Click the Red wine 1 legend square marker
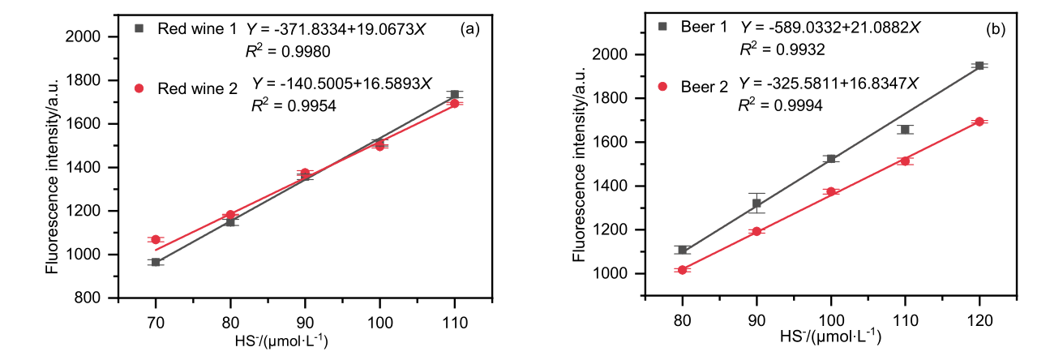[x=139, y=28]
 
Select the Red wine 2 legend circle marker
[x=139, y=88]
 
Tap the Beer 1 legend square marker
[x=663, y=26]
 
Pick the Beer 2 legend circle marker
[x=663, y=85]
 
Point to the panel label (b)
[x=996, y=29]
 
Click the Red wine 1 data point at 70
[x=156, y=262]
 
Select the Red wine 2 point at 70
[x=156, y=239]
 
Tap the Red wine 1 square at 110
[x=455, y=95]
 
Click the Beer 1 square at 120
[x=979, y=66]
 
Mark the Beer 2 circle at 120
[x=979, y=122]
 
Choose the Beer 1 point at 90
[x=757, y=204]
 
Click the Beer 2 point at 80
[x=683, y=270]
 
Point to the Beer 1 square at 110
[x=905, y=130]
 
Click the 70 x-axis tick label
[x=156, y=322]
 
